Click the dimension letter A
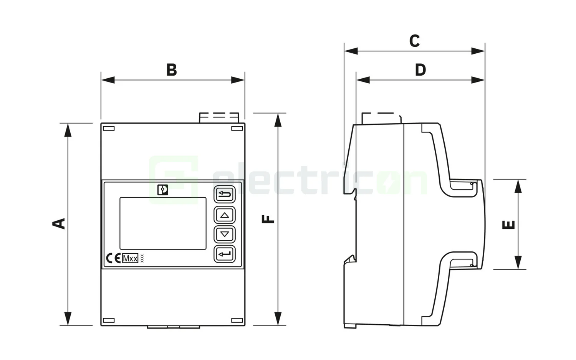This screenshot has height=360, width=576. pos(59,223)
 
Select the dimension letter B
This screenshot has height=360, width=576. pos(172,70)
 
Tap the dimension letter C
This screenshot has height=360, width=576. pos(414,41)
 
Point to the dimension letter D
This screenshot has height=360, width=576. pos(420,70)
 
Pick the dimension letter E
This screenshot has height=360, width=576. pos(509,225)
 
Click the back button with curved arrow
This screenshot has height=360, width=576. pos(225,195)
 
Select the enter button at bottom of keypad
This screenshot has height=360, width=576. pos(225,254)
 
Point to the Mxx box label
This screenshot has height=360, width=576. pos(130,258)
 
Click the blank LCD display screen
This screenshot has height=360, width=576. pos(163,223)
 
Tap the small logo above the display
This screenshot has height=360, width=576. pos(163,190)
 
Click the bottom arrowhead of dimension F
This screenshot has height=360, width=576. pos(278,319)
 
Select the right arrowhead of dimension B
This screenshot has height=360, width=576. pos(238,80)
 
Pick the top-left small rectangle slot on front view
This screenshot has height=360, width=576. pos(109,129)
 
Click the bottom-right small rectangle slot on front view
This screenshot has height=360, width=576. pos(237,320)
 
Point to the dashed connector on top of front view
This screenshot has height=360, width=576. pos(219,117)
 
